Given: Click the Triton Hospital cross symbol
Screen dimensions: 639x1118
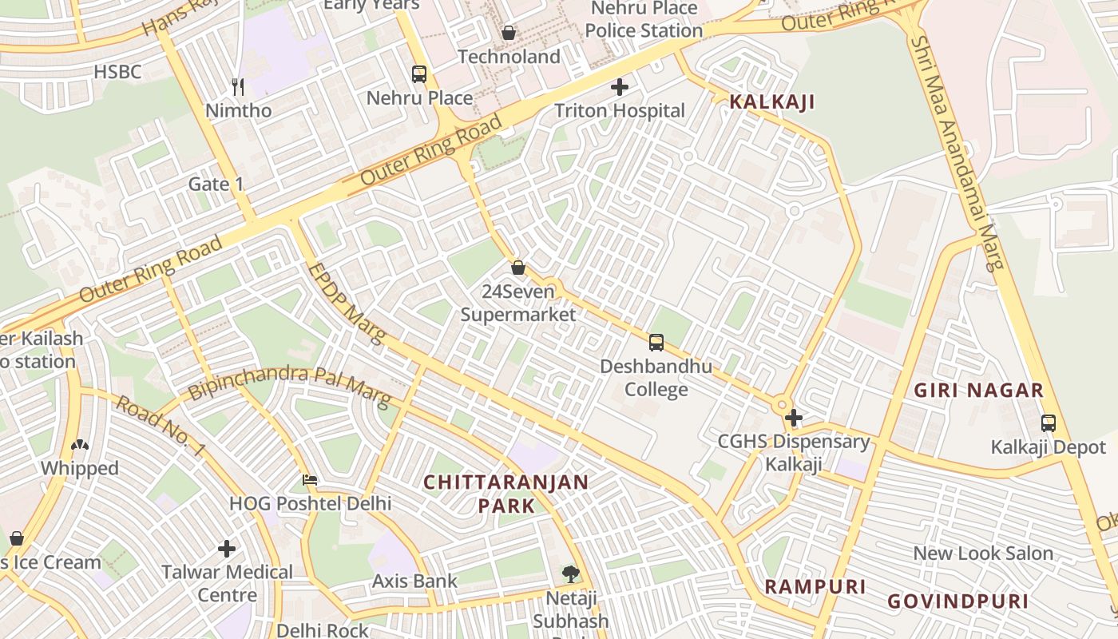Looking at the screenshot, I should click(620, 87).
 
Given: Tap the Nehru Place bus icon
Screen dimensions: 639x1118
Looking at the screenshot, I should click(419, 74).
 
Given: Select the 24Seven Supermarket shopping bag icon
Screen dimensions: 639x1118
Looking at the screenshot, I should click(518, 268).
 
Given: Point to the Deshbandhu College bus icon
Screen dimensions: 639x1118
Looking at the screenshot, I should click(656, 343).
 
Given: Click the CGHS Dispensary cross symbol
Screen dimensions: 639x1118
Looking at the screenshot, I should click(793, 418).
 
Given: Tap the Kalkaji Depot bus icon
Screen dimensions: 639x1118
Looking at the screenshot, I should click(1049, 423).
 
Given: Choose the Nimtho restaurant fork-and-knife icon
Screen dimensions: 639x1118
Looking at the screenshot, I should click(237, 86).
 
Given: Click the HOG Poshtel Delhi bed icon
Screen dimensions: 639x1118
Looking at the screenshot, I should click(310, 480).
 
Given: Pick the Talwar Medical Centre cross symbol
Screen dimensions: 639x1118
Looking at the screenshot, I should click(227, 549).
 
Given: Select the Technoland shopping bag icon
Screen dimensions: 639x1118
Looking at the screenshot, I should click(509, 33).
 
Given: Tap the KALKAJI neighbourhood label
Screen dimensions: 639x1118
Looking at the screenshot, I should click(771, 102).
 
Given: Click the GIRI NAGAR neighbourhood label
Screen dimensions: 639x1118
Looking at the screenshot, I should click(978, 391).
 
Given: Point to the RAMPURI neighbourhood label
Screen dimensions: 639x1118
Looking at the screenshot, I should click(815, 587).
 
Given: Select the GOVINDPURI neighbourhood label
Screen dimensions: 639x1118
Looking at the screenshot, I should click(958, 601).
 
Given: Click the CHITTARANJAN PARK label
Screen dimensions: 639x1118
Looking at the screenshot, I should click(505, 494).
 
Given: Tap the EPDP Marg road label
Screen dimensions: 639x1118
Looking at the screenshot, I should click(345, 304).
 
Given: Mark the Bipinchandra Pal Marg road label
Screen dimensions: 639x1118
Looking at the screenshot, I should click(289, 385).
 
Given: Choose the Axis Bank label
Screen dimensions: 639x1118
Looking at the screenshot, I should click(414, 581).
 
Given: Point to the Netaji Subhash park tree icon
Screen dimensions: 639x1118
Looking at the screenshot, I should click(570, 574).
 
